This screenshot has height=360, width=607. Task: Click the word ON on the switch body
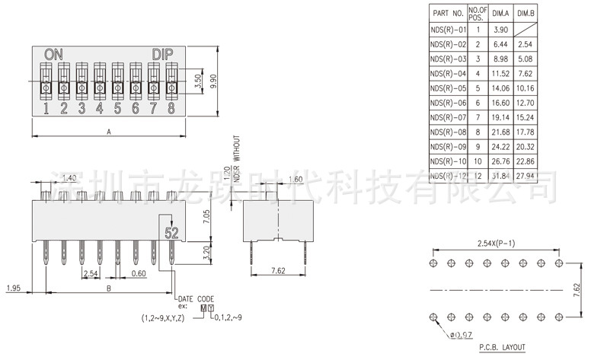53,54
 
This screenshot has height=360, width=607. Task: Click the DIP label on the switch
163,54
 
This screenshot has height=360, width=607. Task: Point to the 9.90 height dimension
213,81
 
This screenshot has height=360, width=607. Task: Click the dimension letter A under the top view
109,132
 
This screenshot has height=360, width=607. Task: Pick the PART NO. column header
448,13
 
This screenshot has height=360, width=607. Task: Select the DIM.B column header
526,13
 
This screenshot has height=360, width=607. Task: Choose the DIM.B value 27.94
526,177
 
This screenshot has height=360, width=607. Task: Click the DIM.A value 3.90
500,30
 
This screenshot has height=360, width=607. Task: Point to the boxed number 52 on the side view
171,233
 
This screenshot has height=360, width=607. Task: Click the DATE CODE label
195,298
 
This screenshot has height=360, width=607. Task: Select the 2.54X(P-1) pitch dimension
495,243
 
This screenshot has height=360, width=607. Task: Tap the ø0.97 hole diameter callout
459,335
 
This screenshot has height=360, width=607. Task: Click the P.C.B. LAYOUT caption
502,348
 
